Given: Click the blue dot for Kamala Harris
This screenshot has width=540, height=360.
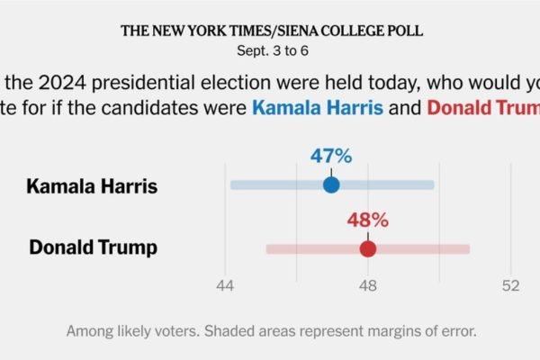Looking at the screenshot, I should coord(331,185).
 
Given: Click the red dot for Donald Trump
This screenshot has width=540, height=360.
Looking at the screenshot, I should coord(367,248).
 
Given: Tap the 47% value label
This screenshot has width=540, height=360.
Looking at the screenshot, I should coord(331,156).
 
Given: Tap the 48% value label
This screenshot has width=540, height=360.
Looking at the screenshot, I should coord(367,220).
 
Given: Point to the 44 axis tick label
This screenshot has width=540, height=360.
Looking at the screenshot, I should coord(225,285).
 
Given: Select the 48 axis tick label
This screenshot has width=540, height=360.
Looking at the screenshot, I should coord(367,285).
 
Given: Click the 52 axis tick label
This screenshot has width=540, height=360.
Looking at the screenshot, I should coord(510,285).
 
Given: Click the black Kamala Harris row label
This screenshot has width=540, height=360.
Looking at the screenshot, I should coord(92,187).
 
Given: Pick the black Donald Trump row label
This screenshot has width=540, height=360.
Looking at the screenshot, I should coord(94,247).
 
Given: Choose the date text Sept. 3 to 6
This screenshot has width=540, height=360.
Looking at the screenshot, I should coord(271,49).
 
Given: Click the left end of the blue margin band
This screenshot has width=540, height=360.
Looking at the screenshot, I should coord(232,185).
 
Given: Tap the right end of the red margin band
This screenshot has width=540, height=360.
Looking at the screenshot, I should coord(467,248).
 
